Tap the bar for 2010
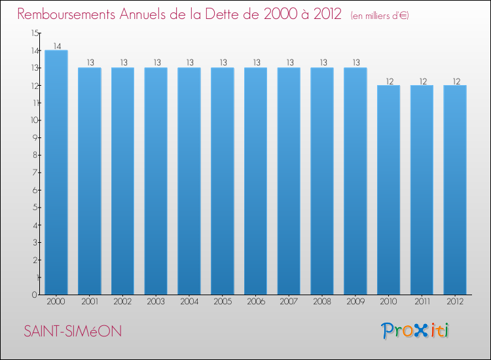pyautogui.click(x=389, y=190)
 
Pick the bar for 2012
pyautogui.click(x=455, y=190)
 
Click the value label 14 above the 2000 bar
pyautogui.click(x=56, y=46)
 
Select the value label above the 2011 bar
pyautogui.click(x=422, y=81)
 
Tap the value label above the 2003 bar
pyautogui.click(x=156, y=63)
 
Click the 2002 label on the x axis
pyautogui.click(x=123, y=302)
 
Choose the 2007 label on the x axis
pyautogui.click(x=289, y=302)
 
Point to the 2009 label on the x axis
pyautogui.click(x=355, y=302)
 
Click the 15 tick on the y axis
pyautogui.click(x=34, y=33)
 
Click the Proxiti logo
pyautogui.click(x=415, y=331)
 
